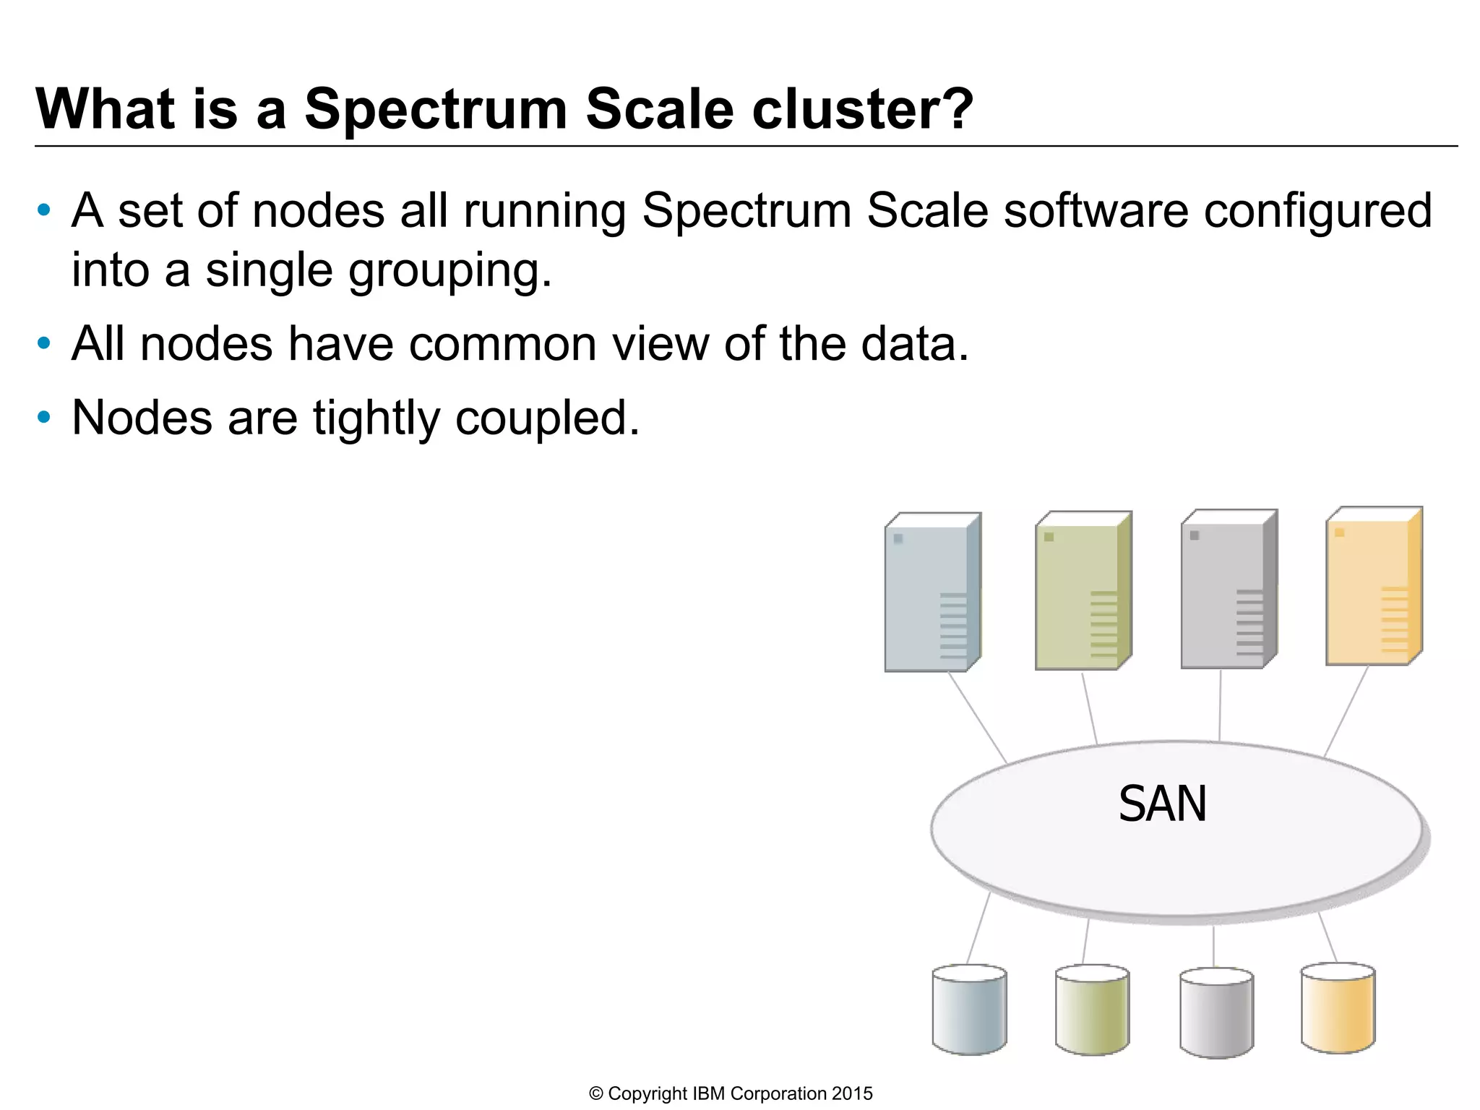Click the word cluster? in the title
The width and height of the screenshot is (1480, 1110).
[863, 109]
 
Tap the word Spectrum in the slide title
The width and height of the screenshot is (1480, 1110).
[436, 109]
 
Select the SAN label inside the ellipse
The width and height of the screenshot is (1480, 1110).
[1162, 804]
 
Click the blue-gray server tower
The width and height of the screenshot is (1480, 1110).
[932, 593]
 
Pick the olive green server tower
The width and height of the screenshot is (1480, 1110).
[1083, 591]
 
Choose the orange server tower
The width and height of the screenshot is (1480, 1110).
[1374, 587]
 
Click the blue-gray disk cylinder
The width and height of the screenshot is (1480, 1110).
[969, 1010]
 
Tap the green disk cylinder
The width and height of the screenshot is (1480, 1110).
[1092, 1010]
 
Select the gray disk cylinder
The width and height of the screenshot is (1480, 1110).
[1216, 1012]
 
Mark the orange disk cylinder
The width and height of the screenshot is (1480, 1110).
[1338, 1007]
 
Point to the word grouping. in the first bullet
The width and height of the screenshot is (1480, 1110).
[450, 270]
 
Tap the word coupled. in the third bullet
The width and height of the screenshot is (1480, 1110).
[548, 418]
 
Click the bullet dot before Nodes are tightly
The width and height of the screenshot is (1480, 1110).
[44, 417]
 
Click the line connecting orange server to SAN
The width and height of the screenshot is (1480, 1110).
[1346, 711]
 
